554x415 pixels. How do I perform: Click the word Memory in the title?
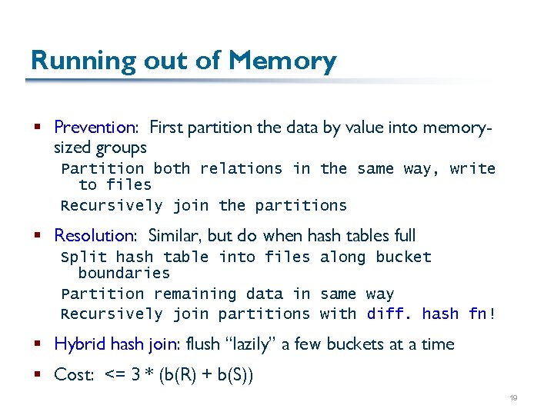tap(282, 61)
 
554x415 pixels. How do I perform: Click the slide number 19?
tap(513, 397)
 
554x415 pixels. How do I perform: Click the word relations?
tap(241, 168)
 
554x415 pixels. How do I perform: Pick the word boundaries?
tap(124, 273)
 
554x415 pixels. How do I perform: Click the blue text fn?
tap(482, 314)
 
